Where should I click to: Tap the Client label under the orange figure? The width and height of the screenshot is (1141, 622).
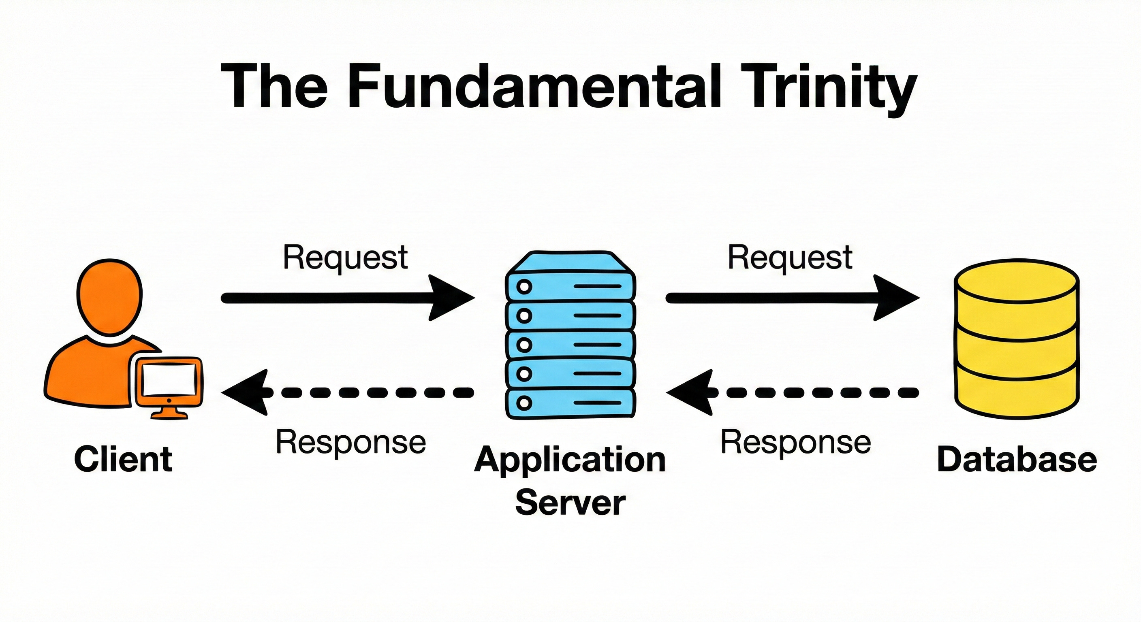pyautogui.click(x=123, y=459)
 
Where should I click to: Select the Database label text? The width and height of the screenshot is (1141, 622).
pyautogui.click(x=1017, y=459)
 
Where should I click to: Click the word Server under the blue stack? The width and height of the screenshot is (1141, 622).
pyautogui.click(x=570, y=503)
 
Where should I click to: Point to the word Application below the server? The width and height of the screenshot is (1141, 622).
pyautogui.click(x=570, y=460)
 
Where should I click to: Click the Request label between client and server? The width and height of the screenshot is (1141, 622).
pyautogui.click(x=345, y=257)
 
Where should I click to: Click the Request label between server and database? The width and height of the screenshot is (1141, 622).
pyautogui.click(x=790, y=257)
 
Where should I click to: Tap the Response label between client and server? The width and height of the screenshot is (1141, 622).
pyautogui.click(x=351, y=442)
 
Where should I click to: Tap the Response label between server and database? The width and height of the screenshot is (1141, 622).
pyautogui.click(x=796, y=442)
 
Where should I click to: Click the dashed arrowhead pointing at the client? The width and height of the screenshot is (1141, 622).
pyautogui.click(x=246, y=392)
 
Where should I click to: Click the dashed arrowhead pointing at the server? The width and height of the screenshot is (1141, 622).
pyautogui.click(x=690, y=392)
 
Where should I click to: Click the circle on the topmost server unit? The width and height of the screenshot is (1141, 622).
pyautogui.click(x=524, y=287)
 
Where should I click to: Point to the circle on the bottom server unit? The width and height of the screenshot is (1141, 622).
pyautogui.click(x=524, y=403)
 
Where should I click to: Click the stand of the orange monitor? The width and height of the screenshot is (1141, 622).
pyautogui.click(x=169, y=412)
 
